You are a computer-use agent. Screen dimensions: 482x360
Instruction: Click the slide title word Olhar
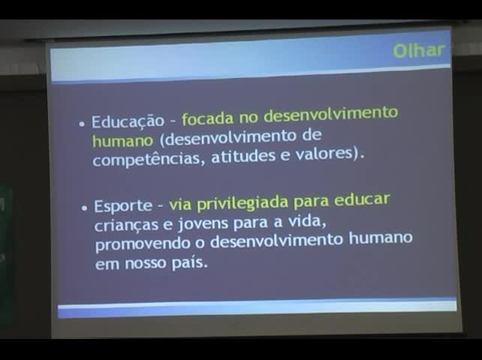coord(418,50)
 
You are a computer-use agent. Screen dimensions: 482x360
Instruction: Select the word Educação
coord(128,121)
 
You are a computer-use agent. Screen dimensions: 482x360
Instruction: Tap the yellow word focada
coord(208,118)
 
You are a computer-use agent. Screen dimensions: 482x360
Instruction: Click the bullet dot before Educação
coord(82,124)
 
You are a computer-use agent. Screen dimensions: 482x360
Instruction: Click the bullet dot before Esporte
coord(84,208)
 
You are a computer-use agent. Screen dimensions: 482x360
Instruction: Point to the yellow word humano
coord(122,141)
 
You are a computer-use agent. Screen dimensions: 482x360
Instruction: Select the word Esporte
coord(123,206)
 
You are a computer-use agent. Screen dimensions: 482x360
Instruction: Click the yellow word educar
coord(362,199)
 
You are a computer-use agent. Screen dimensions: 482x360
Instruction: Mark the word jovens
coord(203,224)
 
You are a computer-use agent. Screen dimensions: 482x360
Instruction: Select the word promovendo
coord(143,244)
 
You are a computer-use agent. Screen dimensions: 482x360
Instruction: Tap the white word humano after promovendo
coord(381,238)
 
